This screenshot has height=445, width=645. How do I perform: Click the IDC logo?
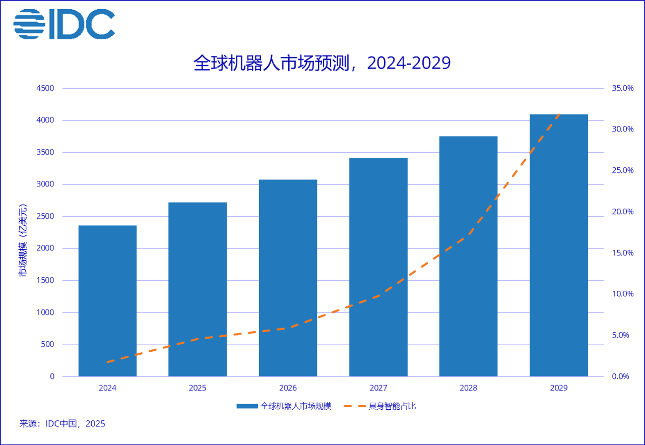[64, 24]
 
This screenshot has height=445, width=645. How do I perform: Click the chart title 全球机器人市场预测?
[321, 63]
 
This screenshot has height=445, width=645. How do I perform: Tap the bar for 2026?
[288, 278]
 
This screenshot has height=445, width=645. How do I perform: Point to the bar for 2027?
[378, 267]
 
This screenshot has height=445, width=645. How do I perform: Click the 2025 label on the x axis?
[198, 388]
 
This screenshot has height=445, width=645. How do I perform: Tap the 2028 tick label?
[468, 388]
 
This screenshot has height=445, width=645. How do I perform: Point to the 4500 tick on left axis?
[45, 88]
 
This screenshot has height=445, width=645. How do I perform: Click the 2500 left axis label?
[45, 216]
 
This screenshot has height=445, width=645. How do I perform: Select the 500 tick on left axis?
[48, 345]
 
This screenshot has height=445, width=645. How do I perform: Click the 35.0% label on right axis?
[622, 88]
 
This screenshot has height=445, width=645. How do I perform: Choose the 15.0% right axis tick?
[622, 253]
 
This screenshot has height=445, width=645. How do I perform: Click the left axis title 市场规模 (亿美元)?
[23, 241]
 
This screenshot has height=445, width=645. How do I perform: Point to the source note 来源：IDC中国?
[62, 424]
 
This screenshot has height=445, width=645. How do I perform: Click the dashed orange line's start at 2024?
[108, 362]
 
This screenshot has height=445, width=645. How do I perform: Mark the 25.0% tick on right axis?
[622, 170]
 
